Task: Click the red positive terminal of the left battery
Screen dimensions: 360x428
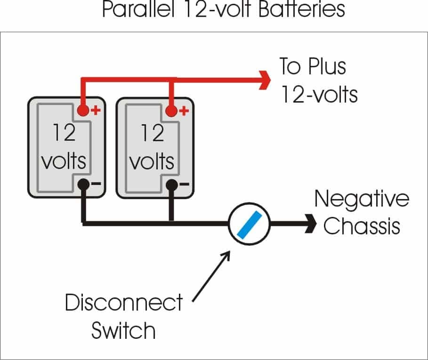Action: click(83, 111)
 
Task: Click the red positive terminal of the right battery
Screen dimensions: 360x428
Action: click(171, 111)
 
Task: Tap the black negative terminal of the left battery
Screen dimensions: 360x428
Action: click(83, 185)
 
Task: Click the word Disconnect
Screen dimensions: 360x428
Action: click(123, 303)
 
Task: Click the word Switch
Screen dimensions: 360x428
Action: click(123, 330)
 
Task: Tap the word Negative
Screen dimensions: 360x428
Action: click(362, 199)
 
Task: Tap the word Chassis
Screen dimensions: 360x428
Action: click(362, 226)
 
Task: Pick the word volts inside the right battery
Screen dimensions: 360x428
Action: click(152, 161)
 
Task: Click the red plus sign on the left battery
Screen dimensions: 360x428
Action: click(96, 111)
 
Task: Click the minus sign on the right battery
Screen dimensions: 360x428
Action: click(184, 184)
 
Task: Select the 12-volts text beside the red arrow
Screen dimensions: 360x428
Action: click(319, 94)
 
